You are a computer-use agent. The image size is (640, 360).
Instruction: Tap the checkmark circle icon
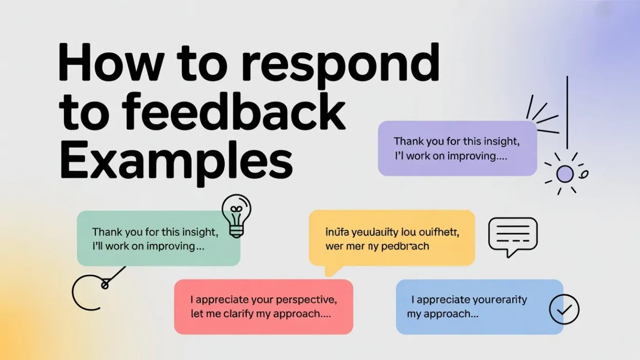tap(564, 310)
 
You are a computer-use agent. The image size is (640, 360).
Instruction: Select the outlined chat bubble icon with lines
tap(512, 236)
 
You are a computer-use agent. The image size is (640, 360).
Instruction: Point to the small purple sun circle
tap(565, 174)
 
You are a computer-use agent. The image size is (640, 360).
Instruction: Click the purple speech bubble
tap(457, 148)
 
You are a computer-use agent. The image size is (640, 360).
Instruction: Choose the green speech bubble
tap(158, 238)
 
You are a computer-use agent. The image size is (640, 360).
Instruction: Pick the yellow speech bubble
tap(392, 238)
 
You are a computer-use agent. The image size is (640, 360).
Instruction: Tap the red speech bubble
tap(264, 306)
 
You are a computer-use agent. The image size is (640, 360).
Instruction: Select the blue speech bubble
tap(479, 306)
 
